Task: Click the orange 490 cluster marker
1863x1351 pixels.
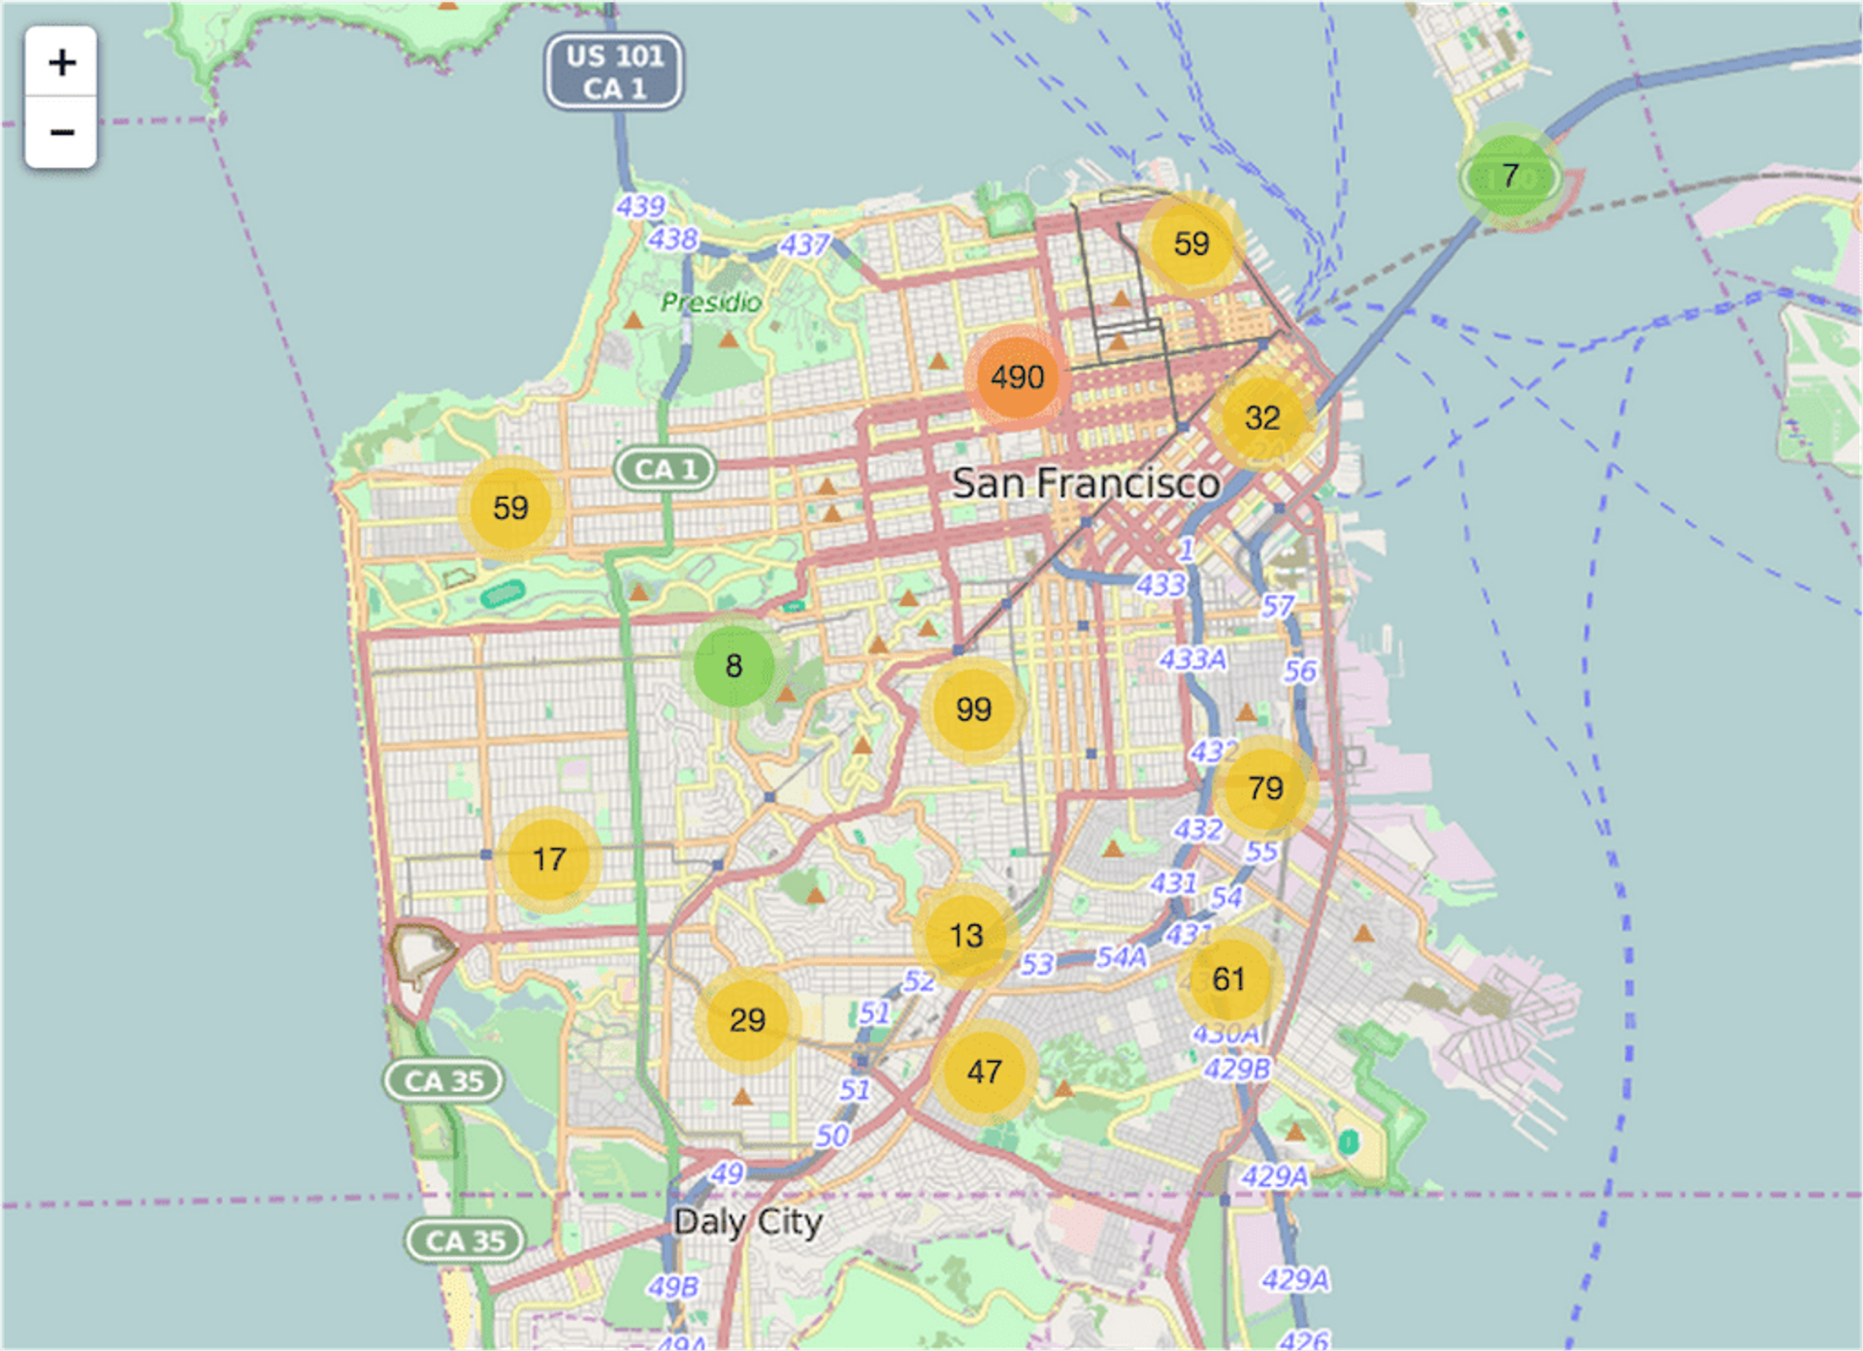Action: click(x=1017, y=377)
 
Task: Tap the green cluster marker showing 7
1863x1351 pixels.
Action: click(x=1510, y=177)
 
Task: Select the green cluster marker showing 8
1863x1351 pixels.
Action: click(x=734, y=665)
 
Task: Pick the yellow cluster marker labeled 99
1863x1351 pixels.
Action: click(x=973, y=709)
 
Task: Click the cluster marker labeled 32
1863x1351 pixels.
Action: click(x=1262, y=418)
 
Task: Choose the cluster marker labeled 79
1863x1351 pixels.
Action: click(x=1265, y=788)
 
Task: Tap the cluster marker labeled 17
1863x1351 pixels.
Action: click(x=549, y=859)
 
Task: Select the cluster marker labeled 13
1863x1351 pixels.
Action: click(x=965, y=936)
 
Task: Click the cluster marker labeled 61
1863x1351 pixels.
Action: click(x=1228, y=980)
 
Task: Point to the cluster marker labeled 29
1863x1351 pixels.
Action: click(x=747, y=1020)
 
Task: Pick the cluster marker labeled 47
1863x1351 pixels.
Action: click(x=984, y=1072)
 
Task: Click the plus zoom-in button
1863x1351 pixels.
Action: click(x=61, y=62)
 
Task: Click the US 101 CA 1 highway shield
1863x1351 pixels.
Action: click(x=614, y=72)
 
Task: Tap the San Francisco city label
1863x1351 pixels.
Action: click(x=1085, y=483)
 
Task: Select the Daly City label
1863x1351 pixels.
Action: click(x=748, y=1222)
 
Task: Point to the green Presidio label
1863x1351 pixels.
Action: click(x=711, y=303)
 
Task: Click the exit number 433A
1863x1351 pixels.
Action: click(x=1193, y=659)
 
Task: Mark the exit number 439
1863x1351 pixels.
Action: click(x=640, y=207)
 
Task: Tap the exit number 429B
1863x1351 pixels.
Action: click(x=1237, y=1069)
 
